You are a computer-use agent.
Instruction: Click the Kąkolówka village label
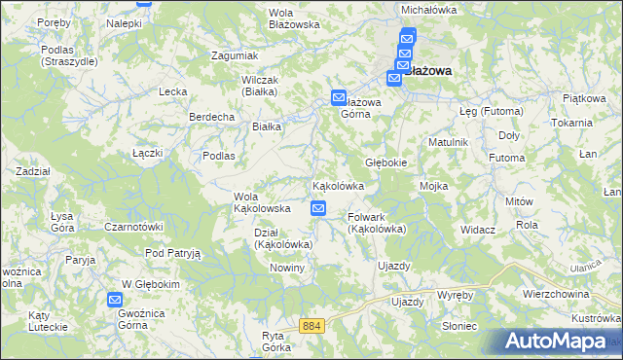click(x=338, y=185)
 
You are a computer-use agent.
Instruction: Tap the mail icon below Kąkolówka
click(x=318, y=208)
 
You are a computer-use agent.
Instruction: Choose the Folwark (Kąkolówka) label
click(x=376, y=223)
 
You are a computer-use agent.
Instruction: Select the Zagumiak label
click(x=234, y=55)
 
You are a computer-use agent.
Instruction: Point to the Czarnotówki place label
click(x=132, y=227)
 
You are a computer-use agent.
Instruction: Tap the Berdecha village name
click(x=211, y=117)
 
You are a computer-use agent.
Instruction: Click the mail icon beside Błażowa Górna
click(x=338, y=97)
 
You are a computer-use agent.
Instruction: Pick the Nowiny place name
click(x=287, y=268)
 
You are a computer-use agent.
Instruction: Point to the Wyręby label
click(x=455, y=294)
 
